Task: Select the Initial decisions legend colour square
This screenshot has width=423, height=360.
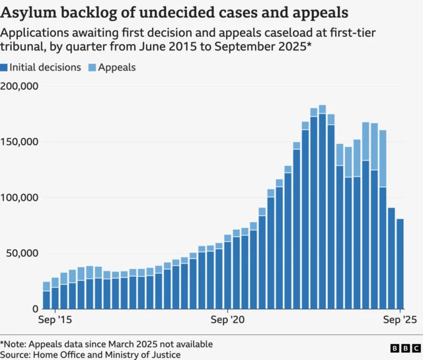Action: (5, 67)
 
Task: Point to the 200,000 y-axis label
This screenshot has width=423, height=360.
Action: (20, 86)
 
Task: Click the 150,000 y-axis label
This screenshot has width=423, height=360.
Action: (20, 142)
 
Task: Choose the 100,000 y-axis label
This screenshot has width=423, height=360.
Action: (20, 198)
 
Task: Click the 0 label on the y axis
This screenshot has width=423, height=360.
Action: (35, 308)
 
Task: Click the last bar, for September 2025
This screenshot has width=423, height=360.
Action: (401, 264)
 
